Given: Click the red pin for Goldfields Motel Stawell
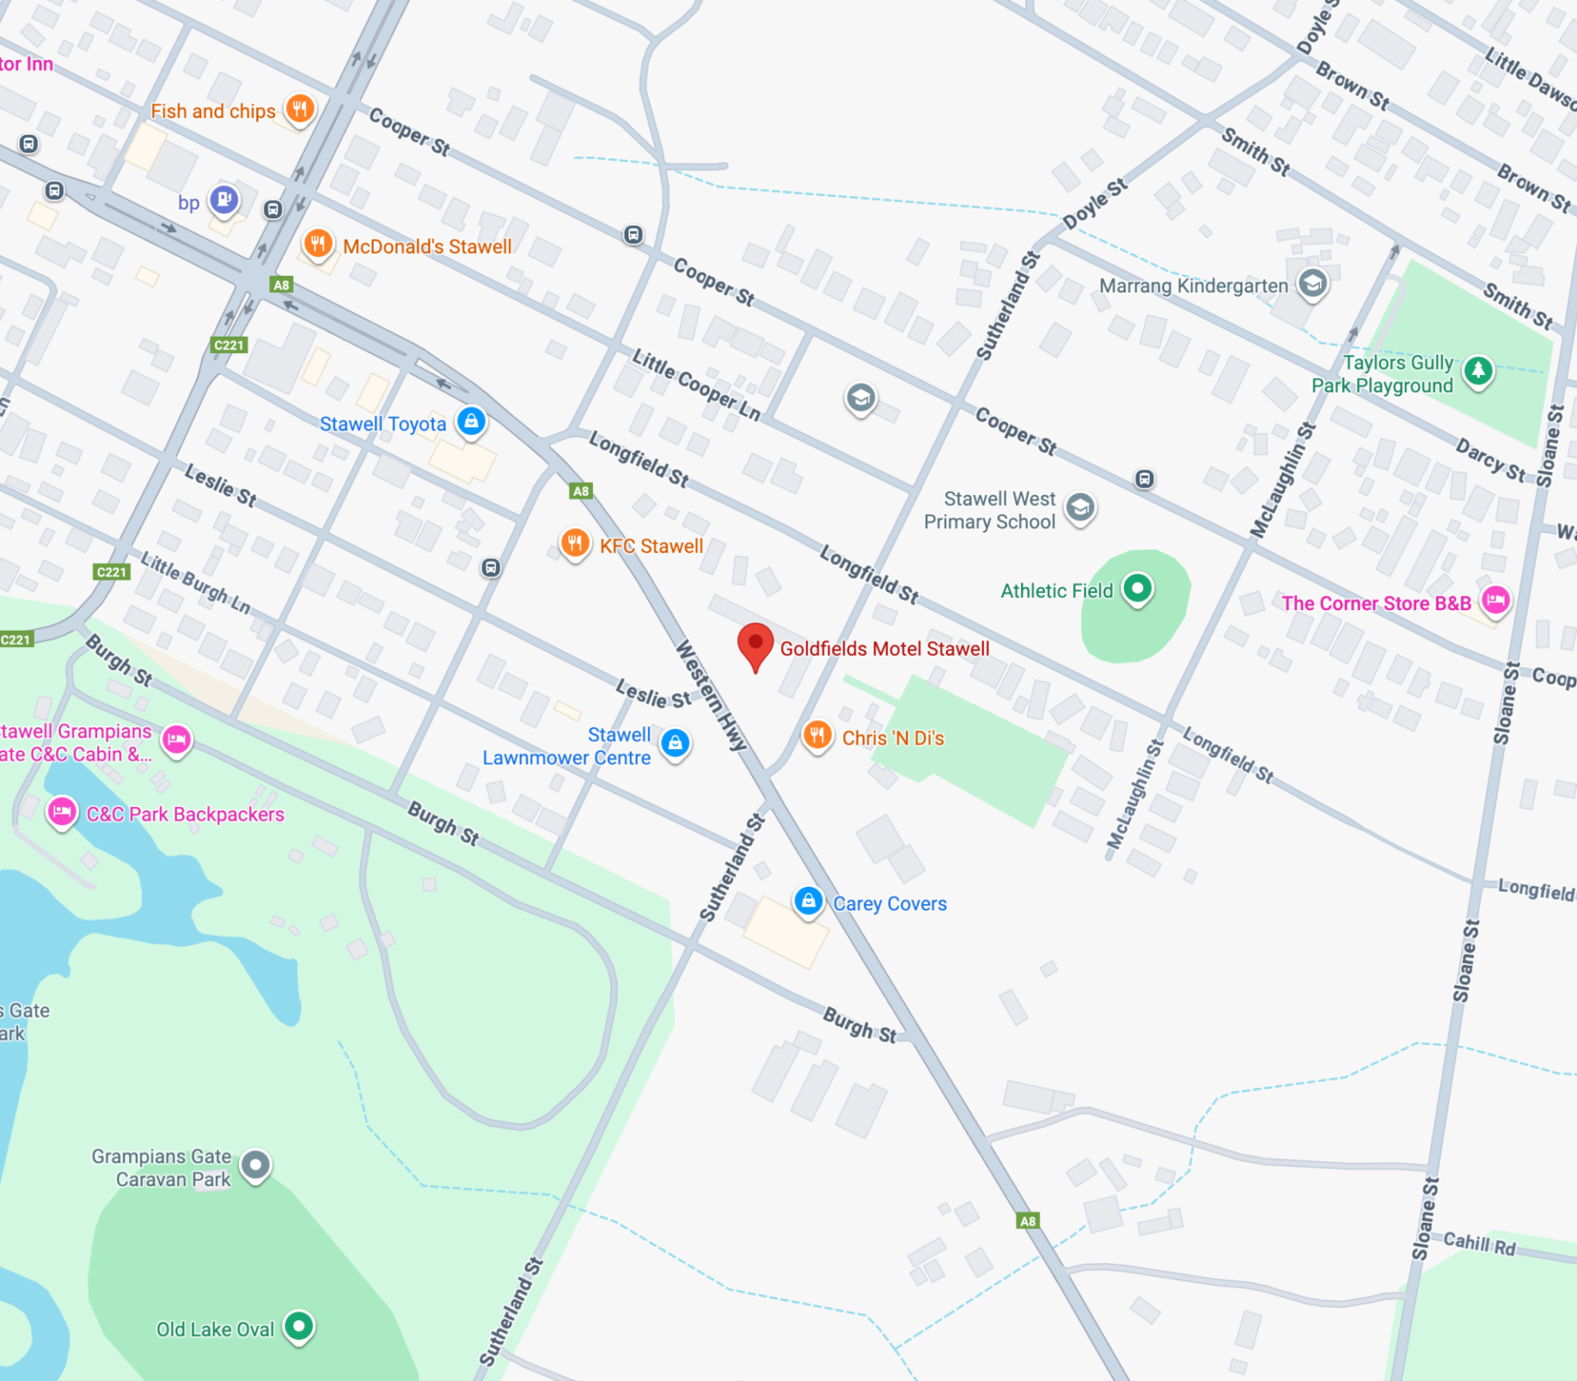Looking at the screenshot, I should click(755, 645).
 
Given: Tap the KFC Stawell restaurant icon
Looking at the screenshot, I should click(575, 544).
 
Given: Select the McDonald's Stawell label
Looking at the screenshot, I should click(426, 246).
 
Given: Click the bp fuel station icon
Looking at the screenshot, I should click(223, 200).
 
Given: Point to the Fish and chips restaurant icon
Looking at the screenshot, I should click(300, 108).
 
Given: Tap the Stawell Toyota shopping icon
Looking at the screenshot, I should click(471, 422).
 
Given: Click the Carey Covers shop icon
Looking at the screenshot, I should click(808, 902).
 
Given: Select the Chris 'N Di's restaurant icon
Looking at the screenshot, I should click(816, 735).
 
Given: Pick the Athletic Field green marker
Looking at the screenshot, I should click(1138, 588).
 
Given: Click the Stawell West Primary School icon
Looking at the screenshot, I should click(1080, 508).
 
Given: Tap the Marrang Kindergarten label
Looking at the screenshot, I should click(1193, 286).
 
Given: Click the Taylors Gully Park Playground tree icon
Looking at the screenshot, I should click(1478, 370).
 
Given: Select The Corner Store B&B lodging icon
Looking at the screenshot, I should click(1496, 600).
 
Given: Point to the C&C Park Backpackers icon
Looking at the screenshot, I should click(62, 812).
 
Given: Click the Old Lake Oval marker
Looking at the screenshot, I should click(299, 1325).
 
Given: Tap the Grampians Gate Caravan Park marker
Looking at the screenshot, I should click(255, 1164).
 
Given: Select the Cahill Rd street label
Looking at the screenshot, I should click(1478, 1244).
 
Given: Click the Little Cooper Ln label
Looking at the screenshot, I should click(696, 384).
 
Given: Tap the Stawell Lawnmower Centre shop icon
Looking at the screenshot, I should click(675, 743).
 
